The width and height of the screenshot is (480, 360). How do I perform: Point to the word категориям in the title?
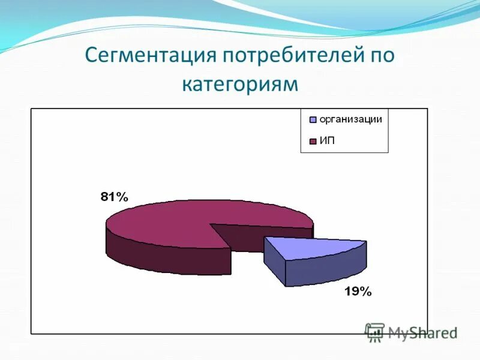(240, 83)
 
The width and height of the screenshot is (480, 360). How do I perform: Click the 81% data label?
(114, 197)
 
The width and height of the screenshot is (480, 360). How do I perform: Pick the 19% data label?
(358, 292)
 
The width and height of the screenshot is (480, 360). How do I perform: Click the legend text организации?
(350, 119)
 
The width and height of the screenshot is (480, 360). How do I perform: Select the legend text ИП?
(326, 141)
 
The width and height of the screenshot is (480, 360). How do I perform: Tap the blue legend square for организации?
(313, 119)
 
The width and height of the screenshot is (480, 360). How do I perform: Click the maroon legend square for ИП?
(313, 142)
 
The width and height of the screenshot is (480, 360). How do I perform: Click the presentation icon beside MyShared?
(375, 332)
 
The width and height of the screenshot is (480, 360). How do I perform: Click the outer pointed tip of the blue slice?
(365, 242)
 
